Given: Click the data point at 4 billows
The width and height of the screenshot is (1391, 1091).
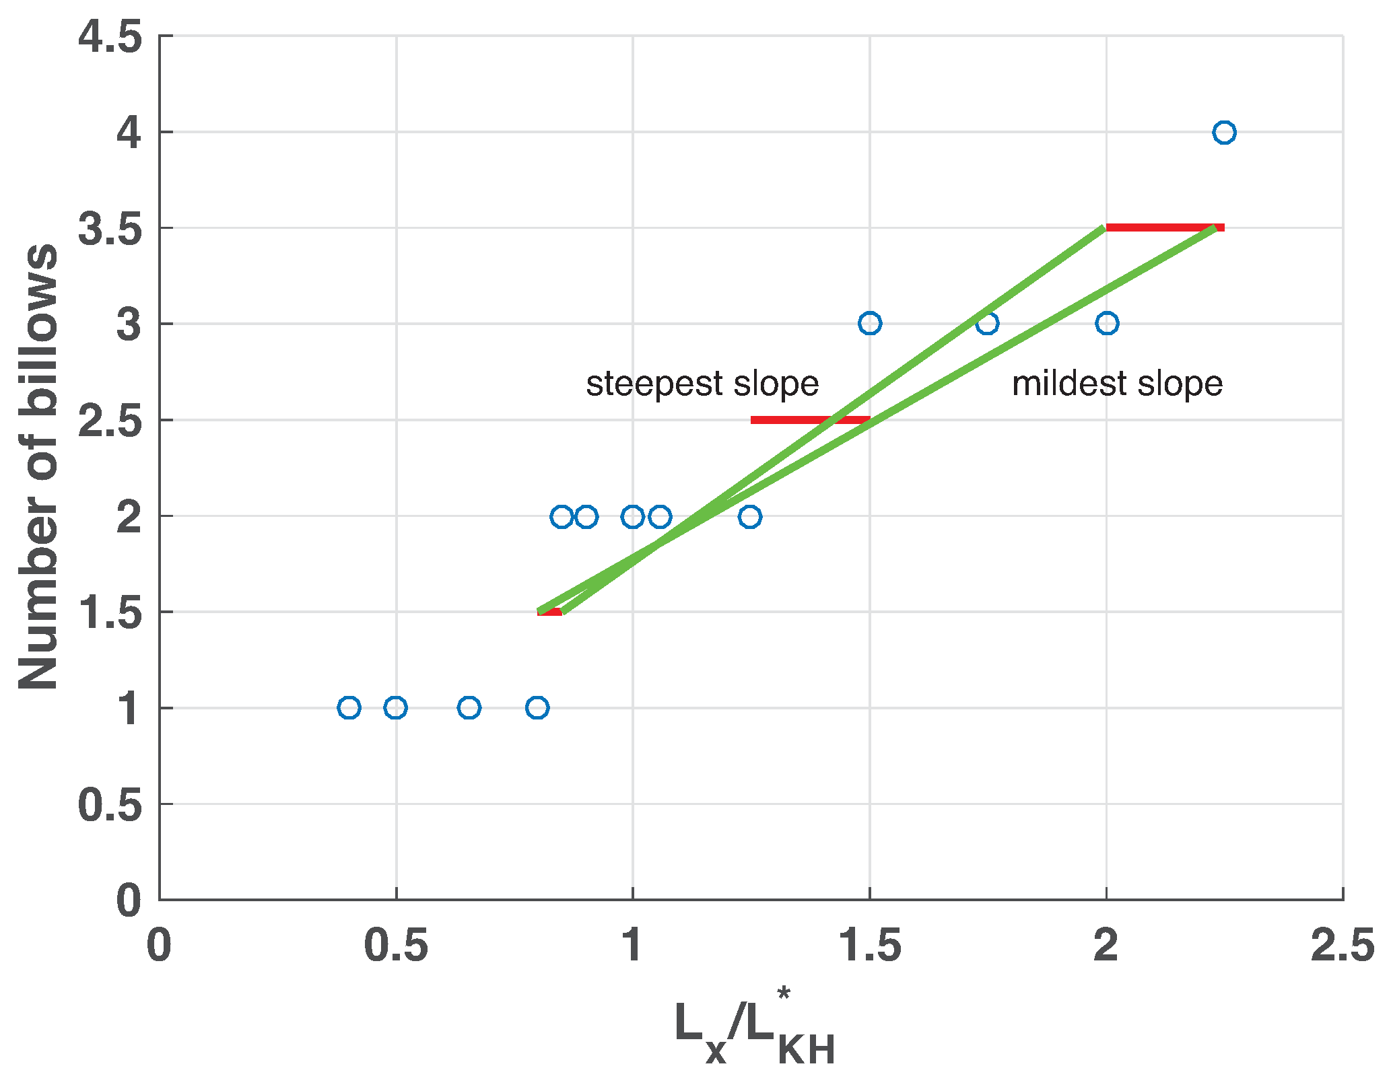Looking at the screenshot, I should click(x=1223, y=133).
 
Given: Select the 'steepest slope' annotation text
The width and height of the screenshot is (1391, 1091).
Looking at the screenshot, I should click(x=702, y=384).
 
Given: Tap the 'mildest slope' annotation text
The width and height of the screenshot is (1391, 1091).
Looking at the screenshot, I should click(x=1117, y=384).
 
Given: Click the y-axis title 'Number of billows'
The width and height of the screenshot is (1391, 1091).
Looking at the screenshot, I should click(x=38, y=466).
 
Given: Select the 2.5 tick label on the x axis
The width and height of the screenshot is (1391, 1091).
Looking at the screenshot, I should click(x=1342, y=945).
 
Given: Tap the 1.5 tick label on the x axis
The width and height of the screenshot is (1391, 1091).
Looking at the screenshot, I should click(x=869, y=945).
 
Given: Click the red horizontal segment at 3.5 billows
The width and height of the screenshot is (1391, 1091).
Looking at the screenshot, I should click(x=1165, y=227).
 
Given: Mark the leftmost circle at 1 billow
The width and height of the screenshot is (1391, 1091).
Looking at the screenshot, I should click(x=349, y=707).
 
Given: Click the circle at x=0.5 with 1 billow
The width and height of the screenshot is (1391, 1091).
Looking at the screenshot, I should click(x=395, y=707).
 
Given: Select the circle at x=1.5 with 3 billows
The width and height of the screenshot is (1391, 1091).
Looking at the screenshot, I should click(x=869, y=323).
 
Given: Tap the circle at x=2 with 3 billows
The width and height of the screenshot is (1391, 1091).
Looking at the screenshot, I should click(x=1106, y=323).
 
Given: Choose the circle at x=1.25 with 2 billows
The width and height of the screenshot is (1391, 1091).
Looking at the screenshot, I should click(x=749, y=517).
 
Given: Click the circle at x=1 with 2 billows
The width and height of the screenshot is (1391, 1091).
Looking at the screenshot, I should click(x=632, y=517).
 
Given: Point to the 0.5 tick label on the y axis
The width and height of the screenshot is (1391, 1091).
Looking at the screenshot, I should click(x=110, y=805).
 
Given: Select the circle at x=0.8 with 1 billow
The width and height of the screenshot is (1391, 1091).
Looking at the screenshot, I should click(x=537, y=707).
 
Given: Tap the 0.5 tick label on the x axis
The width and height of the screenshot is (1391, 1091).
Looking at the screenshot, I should click(x=395, y=945).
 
